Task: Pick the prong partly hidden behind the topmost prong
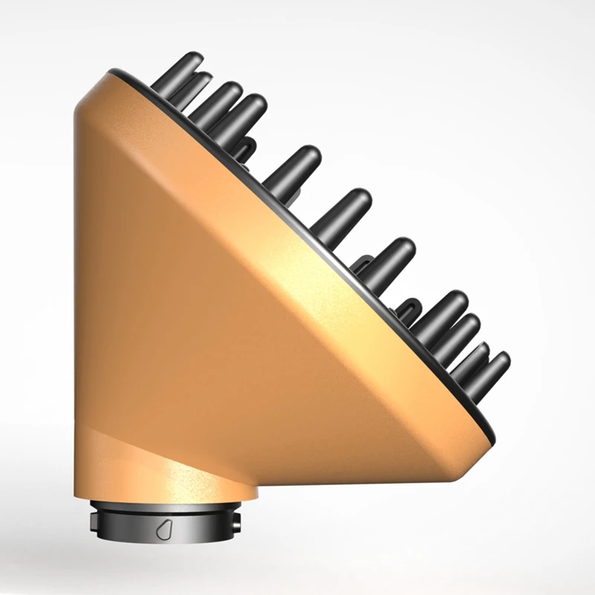coord(195,83)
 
